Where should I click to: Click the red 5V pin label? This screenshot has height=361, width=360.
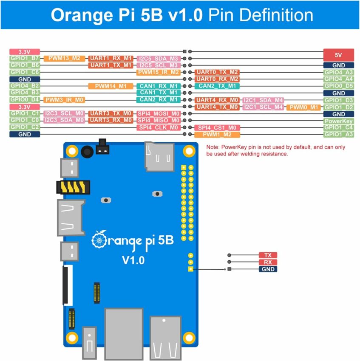coord(338,55)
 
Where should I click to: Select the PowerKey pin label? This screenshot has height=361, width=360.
coord(338,121)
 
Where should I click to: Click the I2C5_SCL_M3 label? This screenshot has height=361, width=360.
coord(159,65)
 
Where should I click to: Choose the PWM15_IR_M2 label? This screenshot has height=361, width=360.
coord(159,72)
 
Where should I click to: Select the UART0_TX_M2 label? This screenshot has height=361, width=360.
coord(217,72)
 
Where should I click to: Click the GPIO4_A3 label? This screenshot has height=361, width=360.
coord(338,72)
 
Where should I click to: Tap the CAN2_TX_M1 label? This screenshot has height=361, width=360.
coord(217,86)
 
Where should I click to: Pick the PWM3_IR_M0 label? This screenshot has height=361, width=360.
coord(64,100)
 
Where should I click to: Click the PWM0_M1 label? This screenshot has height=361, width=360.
coord(303,107)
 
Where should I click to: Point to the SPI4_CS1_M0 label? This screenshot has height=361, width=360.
coord(217,127)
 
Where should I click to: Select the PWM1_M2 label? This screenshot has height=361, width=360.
coord(217,135)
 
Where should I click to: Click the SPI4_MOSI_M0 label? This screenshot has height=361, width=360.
coord(159,114)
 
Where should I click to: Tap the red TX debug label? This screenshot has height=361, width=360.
coord(268,255)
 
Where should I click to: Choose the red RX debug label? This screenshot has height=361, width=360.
coord(268,262)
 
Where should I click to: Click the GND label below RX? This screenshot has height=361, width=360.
coord(268,269)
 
